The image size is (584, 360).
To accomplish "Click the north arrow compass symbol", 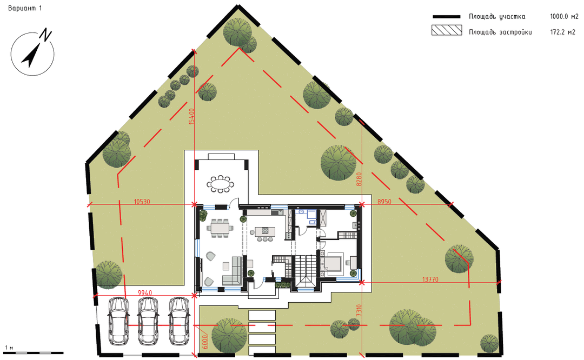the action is pyautogui.click(x=32, y=52).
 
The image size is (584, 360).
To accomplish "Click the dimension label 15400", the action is pyautogui.click(x=191, y=116).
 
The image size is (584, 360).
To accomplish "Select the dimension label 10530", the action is pyautogui.click(x=142, y=202).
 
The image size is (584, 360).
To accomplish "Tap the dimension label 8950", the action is pyautogui.click(x=384, y=202).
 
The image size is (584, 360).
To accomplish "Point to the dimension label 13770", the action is pyautogui.click(x=430, y=279).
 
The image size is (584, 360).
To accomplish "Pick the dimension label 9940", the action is pyautogui.click(x=145, y=292).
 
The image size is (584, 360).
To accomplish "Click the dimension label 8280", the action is pyautogui.click(x=359, y=179).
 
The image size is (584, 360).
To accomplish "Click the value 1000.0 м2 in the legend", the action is pyautogui.click(x=564, y=16).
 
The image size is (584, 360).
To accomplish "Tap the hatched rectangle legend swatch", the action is pyautogui.click(x=447, y=30).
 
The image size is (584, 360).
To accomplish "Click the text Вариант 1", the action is pyautogui.click(x=25, y=8).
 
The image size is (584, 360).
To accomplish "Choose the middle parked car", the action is pyautogui.click(x=149, y=321).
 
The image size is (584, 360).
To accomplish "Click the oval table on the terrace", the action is pyautogui.click(x=221, y=184).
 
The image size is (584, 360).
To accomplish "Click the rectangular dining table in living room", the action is pyautogui.click(x=221, y=228).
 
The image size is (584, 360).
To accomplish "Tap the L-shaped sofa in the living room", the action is pyautogui.click(x=233, y=271).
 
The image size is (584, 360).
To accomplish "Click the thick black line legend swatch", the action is pyautogui.click(x=447, y=17).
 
